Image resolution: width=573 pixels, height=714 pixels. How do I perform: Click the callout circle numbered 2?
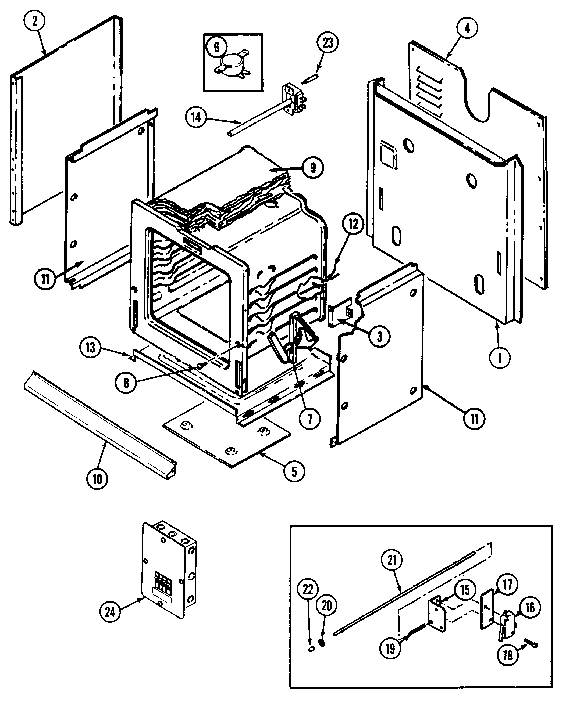pyautogui.click(x=34, y=21)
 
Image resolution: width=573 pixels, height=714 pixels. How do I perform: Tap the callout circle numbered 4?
pyautogui.click(x=467, y=28)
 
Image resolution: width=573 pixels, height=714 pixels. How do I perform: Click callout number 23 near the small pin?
pyautogui.click(x=328, y=43)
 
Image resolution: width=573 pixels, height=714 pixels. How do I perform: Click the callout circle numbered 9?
pyautogui.click(x=312, y=168)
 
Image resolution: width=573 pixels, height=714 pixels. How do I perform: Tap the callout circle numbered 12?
pyautogui.click(x=353, y=224)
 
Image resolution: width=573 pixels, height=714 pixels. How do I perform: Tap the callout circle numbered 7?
pyautogui.click(x=309, y=419)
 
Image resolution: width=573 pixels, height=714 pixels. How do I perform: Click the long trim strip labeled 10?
pyautogui.click(x=99, y=424)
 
